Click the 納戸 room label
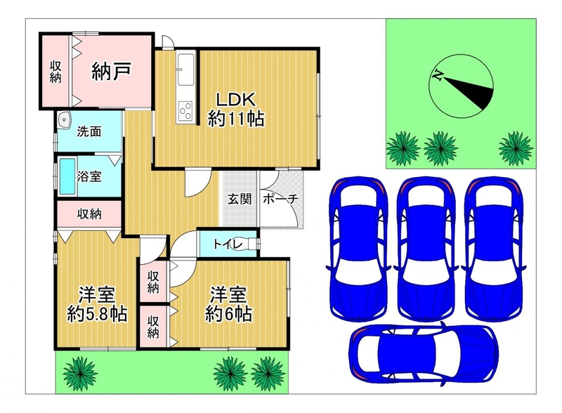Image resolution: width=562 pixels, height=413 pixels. coord(111,71)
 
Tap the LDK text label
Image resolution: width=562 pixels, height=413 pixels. coord(236,99)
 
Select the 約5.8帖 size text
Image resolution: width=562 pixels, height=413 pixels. coord(97,315)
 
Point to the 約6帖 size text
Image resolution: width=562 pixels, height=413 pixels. coord(228,314)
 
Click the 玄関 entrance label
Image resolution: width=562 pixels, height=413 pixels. coord(240,199)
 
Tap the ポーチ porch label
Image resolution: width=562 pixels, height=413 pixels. coord(280,199)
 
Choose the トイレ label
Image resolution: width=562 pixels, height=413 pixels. coord(228,244)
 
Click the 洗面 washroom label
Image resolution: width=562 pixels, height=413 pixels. coord(89,131)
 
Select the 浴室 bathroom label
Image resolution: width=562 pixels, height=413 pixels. coord(89,176)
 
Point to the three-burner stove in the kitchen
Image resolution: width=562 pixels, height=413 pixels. coord(185,110)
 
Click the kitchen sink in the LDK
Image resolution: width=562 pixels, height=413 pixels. coord(186,70)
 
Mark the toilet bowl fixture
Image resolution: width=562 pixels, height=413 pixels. coord(251,244)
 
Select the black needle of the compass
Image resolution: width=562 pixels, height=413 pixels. coord(469,91)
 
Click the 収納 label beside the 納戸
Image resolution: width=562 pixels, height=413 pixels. coord(55,72)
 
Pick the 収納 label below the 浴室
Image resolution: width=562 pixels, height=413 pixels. coord(89,214)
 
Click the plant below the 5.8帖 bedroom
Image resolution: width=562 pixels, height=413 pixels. coord(80,374)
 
